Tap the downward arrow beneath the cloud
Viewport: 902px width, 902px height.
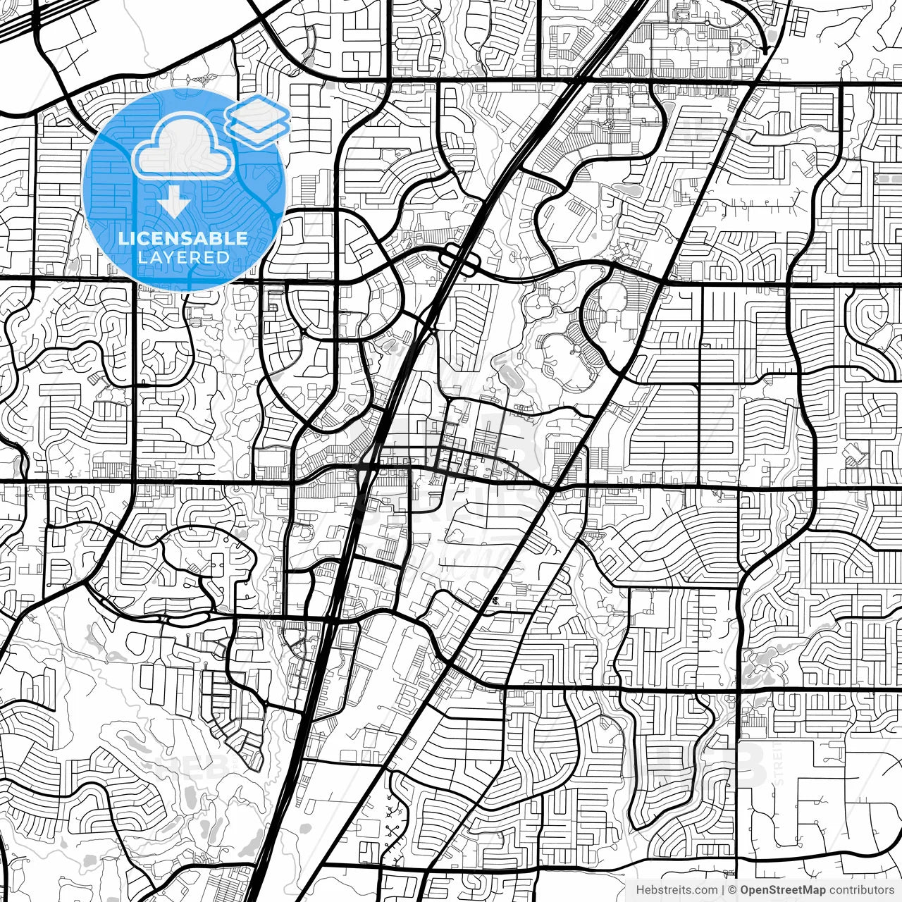pyautogui.click(x=173, y=205)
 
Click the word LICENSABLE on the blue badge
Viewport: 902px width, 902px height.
pyautogui.click(x=183, y=238)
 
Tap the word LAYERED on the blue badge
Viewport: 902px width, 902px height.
pyautogui.click(x=183, y=257)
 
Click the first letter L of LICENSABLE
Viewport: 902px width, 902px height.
pyautogui.click(x=122, y=238)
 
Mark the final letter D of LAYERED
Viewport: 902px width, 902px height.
pyautogui.click(x=223, y=257)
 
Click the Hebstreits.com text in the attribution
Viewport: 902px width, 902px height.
pyautogui.click(x=676, y=890)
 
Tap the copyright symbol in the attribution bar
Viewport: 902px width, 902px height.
pyautogui.click(x=733, y=890)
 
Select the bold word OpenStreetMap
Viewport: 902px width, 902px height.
pyautogui.click(x=783, y=890)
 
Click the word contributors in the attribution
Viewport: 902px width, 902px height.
pyautogui.click(x=861, y=890)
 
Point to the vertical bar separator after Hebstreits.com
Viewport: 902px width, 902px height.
pyautogui.click(x=724, y=890)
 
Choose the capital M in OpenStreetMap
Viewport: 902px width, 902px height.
pyautogui.click(x=808, y=890)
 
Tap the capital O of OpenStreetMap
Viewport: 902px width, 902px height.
pyautogui.click(x=745, y=890)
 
